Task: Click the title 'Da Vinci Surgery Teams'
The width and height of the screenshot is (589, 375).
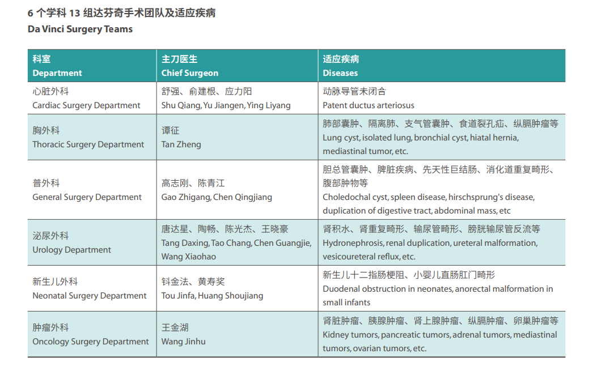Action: click(80, 29)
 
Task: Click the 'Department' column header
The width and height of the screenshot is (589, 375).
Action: click(57, 73)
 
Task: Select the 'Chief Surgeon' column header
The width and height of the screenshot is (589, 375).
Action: click(190, 73)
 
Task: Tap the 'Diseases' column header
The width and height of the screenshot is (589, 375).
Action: click(340, 73)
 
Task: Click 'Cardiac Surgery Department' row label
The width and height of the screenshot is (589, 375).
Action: click(86, 105)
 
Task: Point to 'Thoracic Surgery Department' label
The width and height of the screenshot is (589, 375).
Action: click(88, 144)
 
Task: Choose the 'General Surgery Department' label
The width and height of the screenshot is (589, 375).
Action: click(87, 197)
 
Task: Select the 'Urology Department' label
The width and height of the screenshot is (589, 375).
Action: click(72, 250)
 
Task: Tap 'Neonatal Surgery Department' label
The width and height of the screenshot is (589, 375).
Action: click(90, 296)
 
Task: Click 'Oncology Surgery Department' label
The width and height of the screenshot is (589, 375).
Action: click(91, 342)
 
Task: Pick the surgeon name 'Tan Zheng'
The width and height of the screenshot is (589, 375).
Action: click(181, 144)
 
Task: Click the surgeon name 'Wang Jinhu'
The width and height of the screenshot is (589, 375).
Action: click(183, 342)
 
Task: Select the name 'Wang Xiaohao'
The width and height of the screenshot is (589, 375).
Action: click(189, 257)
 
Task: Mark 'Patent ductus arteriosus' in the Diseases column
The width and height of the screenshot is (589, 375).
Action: click(368, 105)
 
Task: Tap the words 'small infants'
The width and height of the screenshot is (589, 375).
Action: click(346, 302)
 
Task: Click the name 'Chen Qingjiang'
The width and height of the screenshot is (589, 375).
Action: click(243, 197)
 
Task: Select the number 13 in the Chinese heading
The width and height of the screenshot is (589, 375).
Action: click(74, 13)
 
